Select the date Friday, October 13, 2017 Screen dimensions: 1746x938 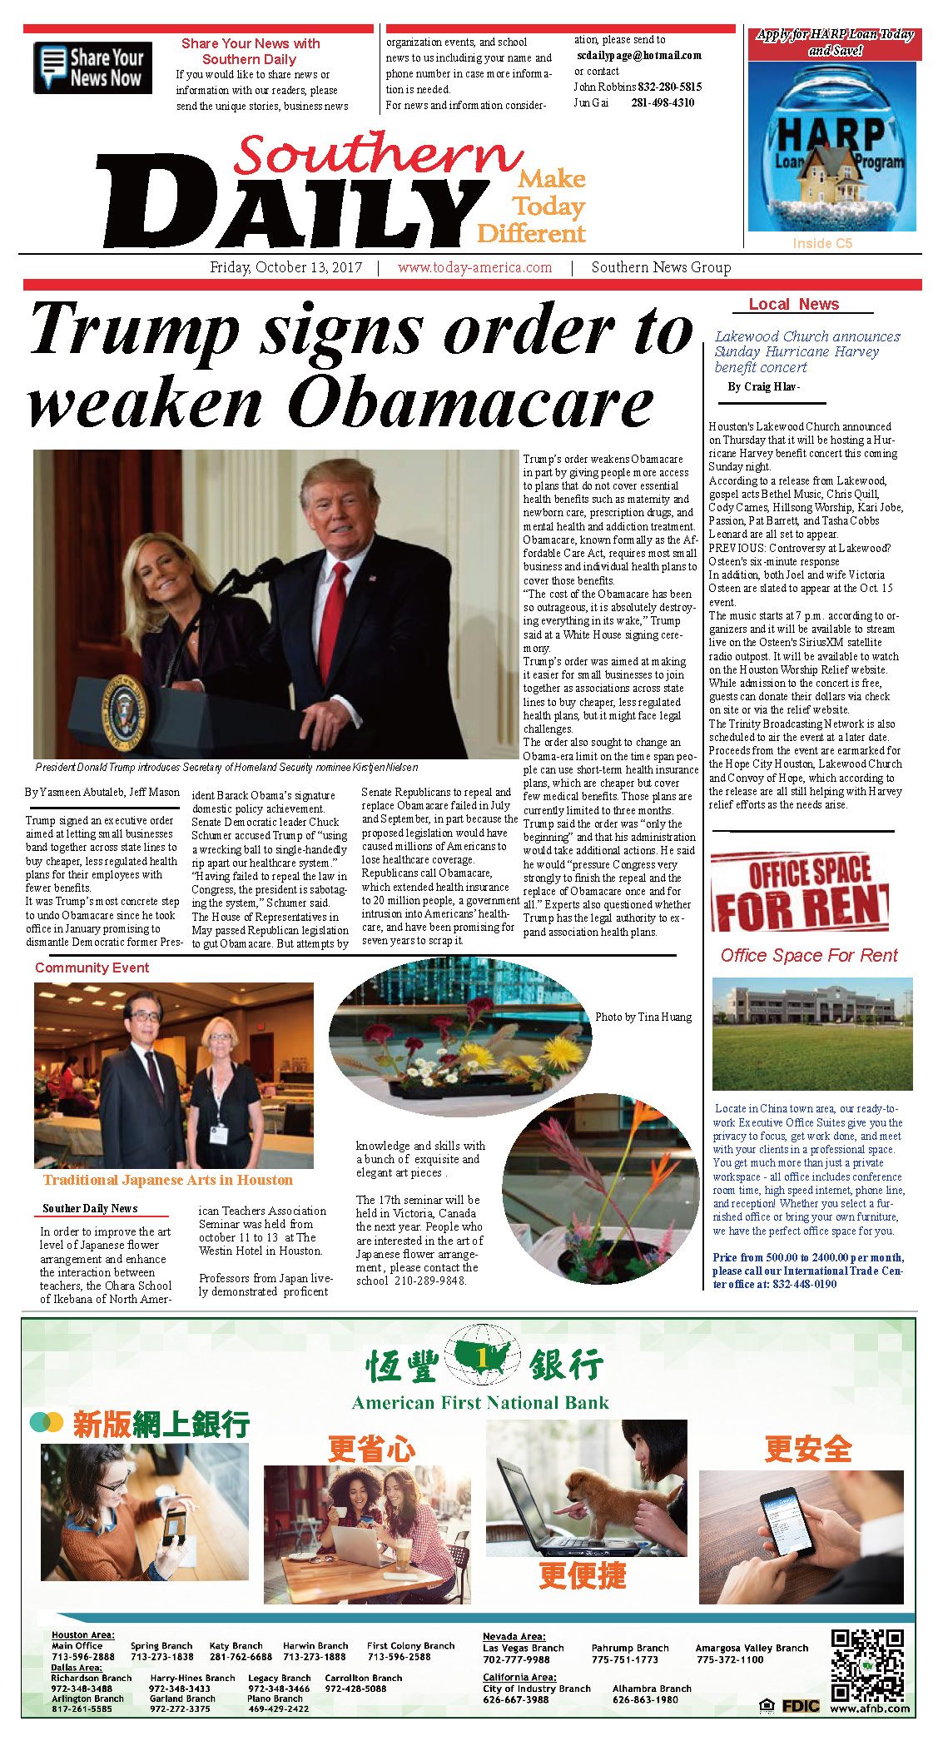click(x=285, y=267)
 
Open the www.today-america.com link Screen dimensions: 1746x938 click(x=474, y=267)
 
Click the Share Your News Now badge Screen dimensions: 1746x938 click(x=92, y=67)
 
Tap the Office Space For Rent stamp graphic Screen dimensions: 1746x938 click(x=801, y=892)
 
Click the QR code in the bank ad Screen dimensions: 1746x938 click(x=867, y=1664)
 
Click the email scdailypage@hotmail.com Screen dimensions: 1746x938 click(x=638, y=55)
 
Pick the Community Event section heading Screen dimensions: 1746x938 click(x=92, y=968)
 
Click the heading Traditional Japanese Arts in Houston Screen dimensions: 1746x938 click(x=168, y=1180)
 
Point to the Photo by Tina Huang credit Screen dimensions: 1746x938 click(x=643, y=1017)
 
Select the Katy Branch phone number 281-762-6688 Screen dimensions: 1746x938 click(x=241, y=1657)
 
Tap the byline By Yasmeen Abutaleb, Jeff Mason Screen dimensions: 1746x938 click(x=102, y=792)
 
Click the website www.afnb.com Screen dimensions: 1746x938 click(x=870, y=1709)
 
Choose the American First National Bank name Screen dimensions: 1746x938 click(x=480, y=1403)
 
